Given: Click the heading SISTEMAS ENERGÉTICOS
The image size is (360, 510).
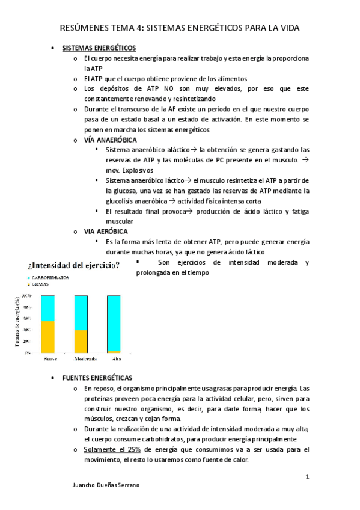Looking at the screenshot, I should coord(99,48).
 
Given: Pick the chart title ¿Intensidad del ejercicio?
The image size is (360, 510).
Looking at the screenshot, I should coord(73,265).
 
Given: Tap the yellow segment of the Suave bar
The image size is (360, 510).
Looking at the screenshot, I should coord(47,337).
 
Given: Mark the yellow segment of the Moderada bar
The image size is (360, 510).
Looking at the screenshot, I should coord(81,341).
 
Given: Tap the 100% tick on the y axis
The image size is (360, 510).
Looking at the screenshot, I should coord(27,296).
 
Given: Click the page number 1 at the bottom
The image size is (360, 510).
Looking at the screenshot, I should coord(307,477).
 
